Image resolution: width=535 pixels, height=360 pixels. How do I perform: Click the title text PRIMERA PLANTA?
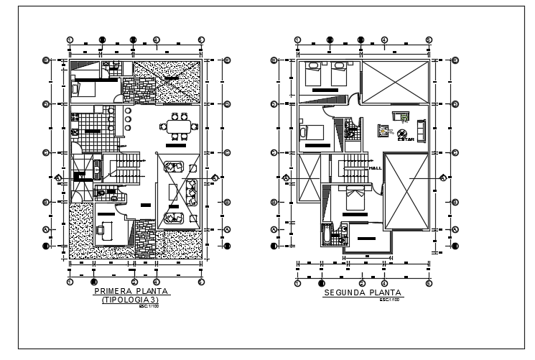131,292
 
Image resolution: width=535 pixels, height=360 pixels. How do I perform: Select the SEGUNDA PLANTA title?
362,292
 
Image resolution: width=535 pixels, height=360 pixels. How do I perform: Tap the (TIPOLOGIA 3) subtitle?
131,300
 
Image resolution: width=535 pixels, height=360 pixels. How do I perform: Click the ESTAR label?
403,141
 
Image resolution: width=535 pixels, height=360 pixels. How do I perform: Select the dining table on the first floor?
178,126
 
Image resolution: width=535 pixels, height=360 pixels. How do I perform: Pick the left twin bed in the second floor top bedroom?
315,73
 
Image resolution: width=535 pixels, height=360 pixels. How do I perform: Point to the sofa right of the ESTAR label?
421,129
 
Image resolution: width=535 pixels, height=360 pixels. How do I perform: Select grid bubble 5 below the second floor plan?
428,283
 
